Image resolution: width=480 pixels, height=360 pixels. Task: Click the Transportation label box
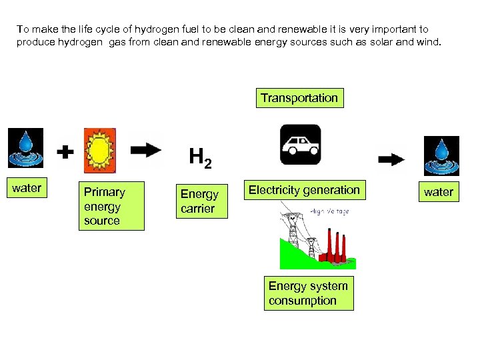(x=299, y=98)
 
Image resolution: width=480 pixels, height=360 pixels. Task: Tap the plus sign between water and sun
(x=65, y=153)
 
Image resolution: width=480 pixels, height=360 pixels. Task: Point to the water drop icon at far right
(x=441, y=155)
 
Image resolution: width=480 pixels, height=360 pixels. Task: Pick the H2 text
(x=200, y=157)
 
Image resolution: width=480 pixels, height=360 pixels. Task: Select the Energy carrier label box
(x=199, y=201)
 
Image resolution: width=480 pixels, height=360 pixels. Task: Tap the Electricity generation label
(x=304, y=190)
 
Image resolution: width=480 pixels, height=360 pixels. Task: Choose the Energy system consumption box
(x=308, y=293)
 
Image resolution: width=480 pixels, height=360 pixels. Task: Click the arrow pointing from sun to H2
(x=147, y=149)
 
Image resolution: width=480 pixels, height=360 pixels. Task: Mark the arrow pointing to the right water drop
(x=391, y=159)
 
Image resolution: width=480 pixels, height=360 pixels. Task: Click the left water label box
(x=27, y=188)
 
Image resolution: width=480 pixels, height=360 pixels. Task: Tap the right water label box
(x=439, y=192)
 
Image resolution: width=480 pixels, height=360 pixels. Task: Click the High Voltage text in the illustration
(x=329, y=211)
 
